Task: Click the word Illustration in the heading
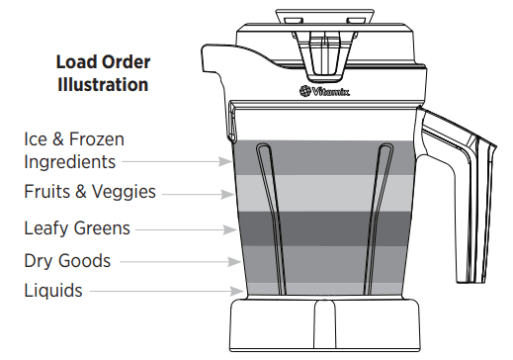tap(102, 85)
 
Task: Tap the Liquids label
tap(53, 291)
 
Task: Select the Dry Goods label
tap(67, 261)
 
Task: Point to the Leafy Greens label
tap(77, 228)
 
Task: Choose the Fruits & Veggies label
tap(90, 192)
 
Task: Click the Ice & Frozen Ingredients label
tap(74, 150)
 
